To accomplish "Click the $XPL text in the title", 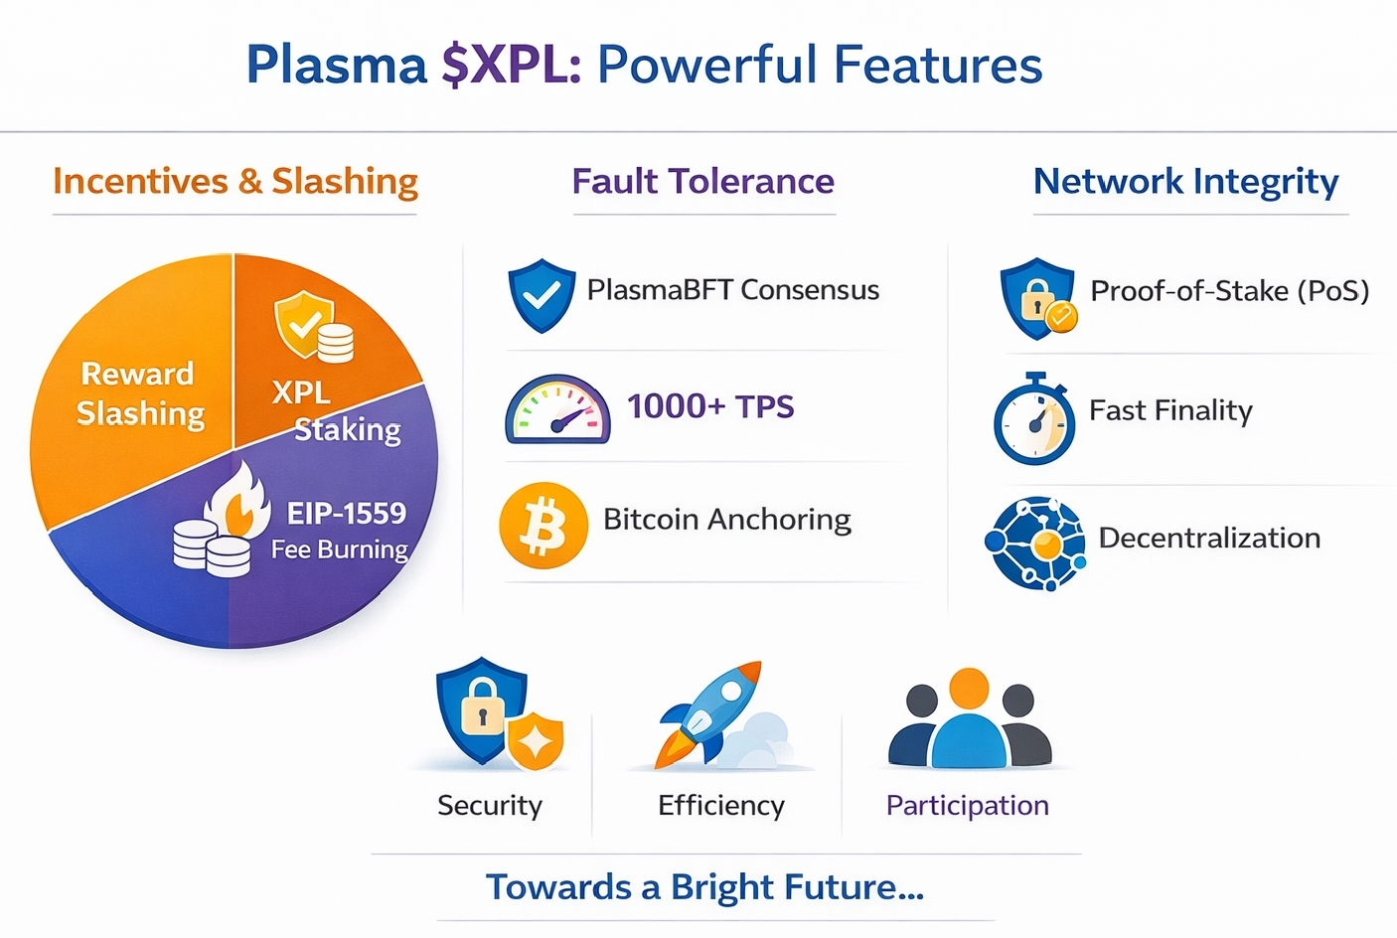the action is [x=511, y=65].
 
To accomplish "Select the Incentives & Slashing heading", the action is [x=235, y=182].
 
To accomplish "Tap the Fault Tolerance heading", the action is [x=702, y=182].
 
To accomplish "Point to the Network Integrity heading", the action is [x=1185, y=182].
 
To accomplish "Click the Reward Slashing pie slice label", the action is [x=140, y=393].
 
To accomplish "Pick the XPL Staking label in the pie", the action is [x=336, y=411].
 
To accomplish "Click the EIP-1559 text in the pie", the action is [x=346, y=514].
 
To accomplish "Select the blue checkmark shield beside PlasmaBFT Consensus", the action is [x=542, y=296].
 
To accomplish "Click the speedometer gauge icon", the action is [x=557, y=409].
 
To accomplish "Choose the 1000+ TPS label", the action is [x=710, y=406].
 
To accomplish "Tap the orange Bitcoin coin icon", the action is [x=543, y=525].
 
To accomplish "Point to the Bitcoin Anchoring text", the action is [x=727, y=520].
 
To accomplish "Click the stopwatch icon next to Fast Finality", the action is [x=1034, y=419].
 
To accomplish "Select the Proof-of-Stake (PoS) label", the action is [x=1229, y=291].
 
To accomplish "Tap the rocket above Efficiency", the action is [x=708, y=714].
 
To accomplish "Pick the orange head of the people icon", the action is [x=969, y=689].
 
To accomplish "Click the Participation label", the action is [x=968, y=806].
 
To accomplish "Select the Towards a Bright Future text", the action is [x=704, y=887].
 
